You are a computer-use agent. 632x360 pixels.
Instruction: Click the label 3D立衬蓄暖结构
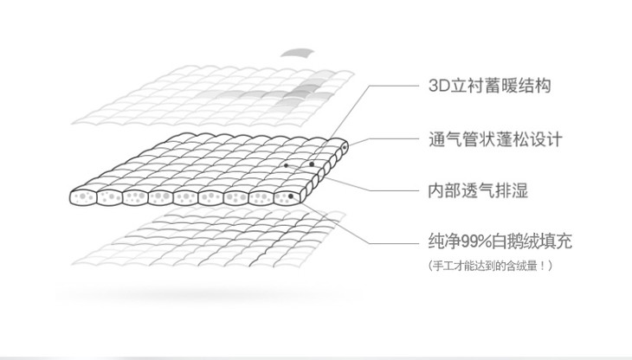pyautogui.click(x=489, y=87)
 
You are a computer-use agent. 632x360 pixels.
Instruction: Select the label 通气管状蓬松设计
pyautogui.click(x=496, y=138)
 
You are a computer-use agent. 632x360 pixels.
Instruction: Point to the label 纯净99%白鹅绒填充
pyautogui.click(x=500, y=241)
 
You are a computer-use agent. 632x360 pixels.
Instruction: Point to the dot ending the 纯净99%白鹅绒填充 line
pyautogui.click(x=292, y=196)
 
